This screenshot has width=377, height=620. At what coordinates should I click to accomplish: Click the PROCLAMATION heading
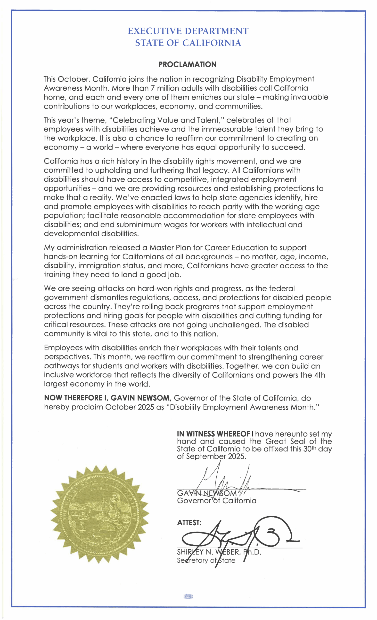(188, 64)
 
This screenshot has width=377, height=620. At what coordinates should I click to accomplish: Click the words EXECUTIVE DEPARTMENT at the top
(188, 31)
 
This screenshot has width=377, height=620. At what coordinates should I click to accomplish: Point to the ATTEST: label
(189, 523)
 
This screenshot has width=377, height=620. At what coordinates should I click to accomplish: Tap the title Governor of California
(216, 501)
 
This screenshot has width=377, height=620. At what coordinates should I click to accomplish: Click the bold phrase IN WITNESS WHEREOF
(213, 434)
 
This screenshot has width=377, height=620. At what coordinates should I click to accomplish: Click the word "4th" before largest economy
(319, 375)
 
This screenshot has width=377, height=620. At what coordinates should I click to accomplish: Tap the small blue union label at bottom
(188, 596)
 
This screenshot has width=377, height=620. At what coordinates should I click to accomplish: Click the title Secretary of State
(206, 561)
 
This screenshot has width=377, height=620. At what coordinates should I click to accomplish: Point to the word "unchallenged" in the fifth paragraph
(235, 325)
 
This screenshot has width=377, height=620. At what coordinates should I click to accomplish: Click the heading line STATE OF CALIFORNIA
(188, 43)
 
